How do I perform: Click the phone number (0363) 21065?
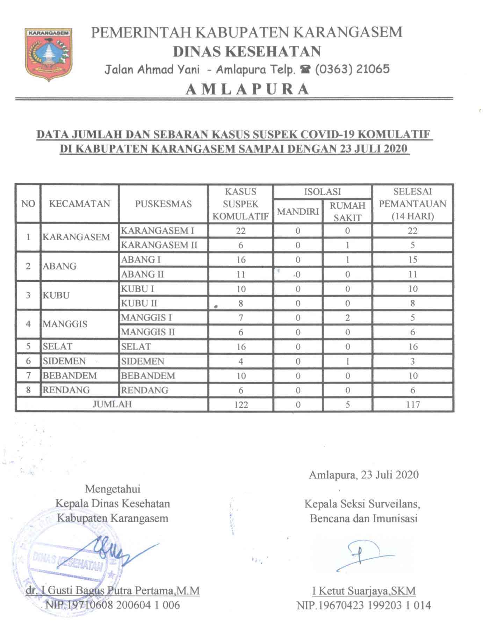click(352, 69)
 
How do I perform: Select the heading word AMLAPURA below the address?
click(247, 89)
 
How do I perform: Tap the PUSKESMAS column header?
click(163, 204)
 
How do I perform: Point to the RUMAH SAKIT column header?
click(347, 212)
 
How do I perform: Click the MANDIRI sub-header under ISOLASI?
click(298, 212)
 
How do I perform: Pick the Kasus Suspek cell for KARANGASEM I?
click(240, 231)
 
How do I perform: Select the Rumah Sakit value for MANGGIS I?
click(347, 318)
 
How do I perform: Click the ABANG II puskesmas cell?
click(142, 274)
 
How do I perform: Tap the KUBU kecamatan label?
click(56, 295)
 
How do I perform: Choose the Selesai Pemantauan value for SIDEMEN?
click(412, 361)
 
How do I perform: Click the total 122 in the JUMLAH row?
click(241, 405)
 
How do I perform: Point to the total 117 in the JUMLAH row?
click(412, 405)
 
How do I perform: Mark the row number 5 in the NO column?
click(28, 346)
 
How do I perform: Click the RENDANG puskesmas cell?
click(145, 390)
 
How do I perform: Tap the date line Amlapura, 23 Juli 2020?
click(363, 475)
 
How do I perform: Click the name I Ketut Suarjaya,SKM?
click(364, 591)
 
